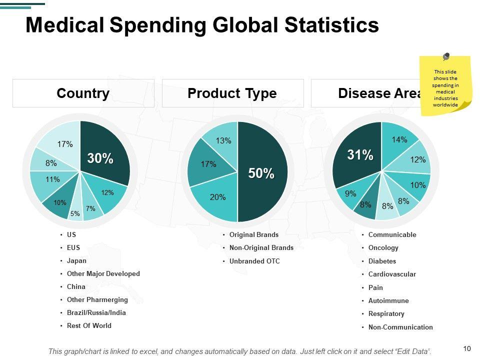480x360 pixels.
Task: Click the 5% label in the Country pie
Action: pyautogui.click(x=75, y=213)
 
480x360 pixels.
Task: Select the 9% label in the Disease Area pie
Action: pyautogui.click(x=350, y=193)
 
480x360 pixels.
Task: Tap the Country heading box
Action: pyautogui.click(x=83, y=93)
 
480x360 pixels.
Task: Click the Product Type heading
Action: pyautogui.click(x=232, y=93)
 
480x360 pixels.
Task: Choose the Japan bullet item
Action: pyautogui.click(x=76, y=260)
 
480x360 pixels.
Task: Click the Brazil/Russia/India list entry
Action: pyautogui.click(x=96, y=312)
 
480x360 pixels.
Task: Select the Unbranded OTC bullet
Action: pyautogui.click(x=254, y=261)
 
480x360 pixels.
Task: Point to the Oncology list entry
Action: pyautogui.click(x=383, y=247)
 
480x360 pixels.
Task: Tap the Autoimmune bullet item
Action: pyautogui.click(x=388, y=300)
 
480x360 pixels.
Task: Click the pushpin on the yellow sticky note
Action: pyautogui.click(x=446, y=57)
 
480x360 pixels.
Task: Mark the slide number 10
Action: pyautogui.click(x=467, y=348)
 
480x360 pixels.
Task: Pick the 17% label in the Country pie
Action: pyautogui.click(x=65, y=144)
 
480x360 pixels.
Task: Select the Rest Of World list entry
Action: pyautogui.click(x=89, y=325)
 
